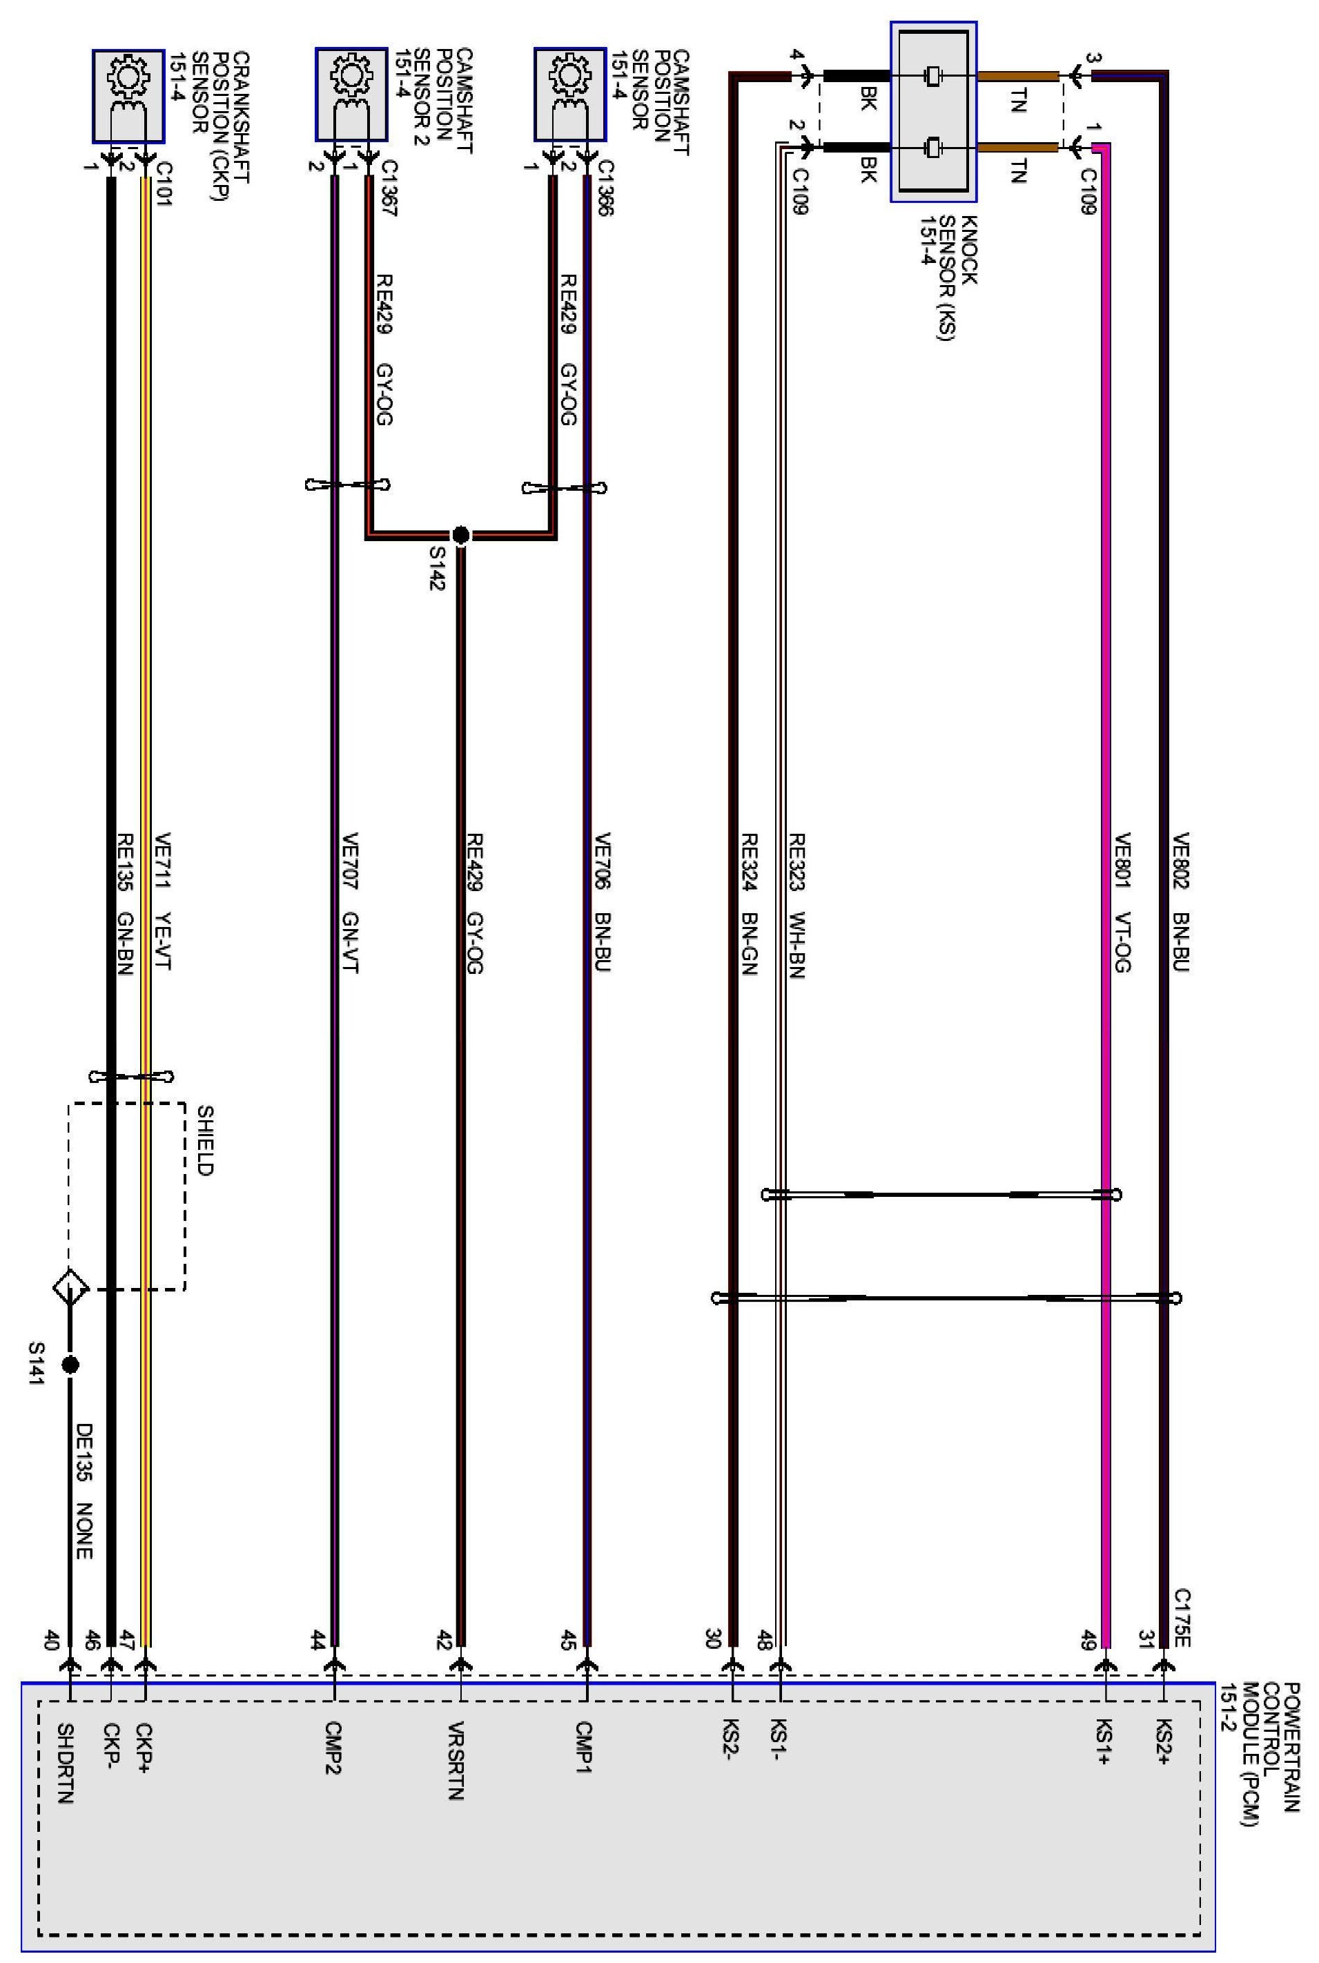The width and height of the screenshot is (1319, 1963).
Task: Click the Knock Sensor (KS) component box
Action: click(934, 112)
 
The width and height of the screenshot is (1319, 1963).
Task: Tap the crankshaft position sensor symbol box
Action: click(128, 96)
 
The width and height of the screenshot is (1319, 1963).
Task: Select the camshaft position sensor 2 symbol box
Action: click(351, 94)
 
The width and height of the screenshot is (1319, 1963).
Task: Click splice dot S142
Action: click(460, 535)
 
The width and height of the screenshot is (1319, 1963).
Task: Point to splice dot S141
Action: click(70, 1364)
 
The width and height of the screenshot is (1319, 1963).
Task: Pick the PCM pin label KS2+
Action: click(1164, 1741)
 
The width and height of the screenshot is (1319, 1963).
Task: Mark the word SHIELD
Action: click(205, 1140)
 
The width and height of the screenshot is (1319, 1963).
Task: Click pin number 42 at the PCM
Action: click(444, 1641)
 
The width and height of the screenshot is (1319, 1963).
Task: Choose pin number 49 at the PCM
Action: click(1088, 1640)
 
